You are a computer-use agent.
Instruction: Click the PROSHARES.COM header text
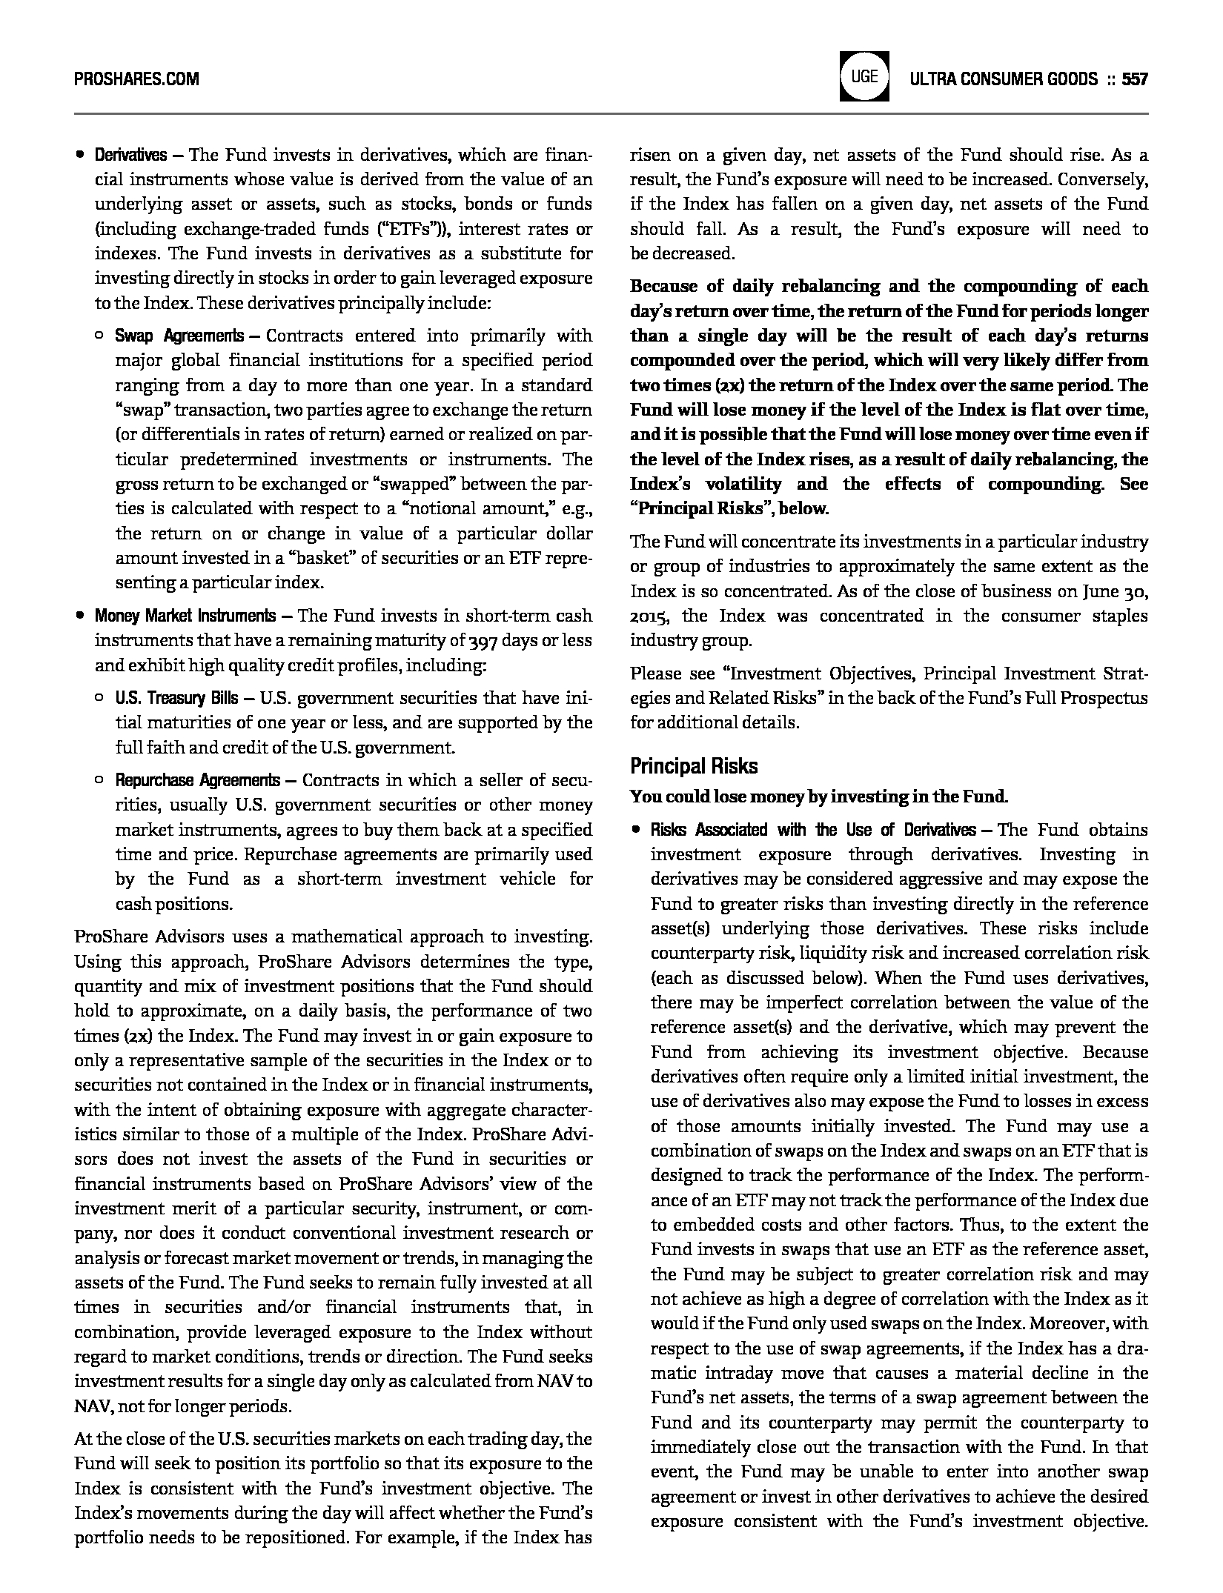point(136,79)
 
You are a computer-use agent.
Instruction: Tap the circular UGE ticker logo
point(864,76)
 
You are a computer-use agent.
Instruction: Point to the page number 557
point(1134,79)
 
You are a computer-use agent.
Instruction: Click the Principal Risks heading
point(694,765)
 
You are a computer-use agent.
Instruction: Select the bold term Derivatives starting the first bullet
point(130,155)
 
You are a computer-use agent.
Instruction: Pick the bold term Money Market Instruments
point(185,616)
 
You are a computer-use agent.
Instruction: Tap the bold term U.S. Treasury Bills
point(176,698)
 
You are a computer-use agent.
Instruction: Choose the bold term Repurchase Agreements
point(197,780)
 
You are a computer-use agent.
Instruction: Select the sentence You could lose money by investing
point(818,797)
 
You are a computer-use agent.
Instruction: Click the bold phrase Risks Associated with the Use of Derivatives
point(813,830)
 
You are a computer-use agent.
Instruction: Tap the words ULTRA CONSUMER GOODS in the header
point(1004,79)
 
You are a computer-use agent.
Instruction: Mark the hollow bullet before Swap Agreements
point(99,336)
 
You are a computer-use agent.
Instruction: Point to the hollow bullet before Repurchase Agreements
point(99,780)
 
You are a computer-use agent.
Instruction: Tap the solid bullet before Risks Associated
point(635,830)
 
